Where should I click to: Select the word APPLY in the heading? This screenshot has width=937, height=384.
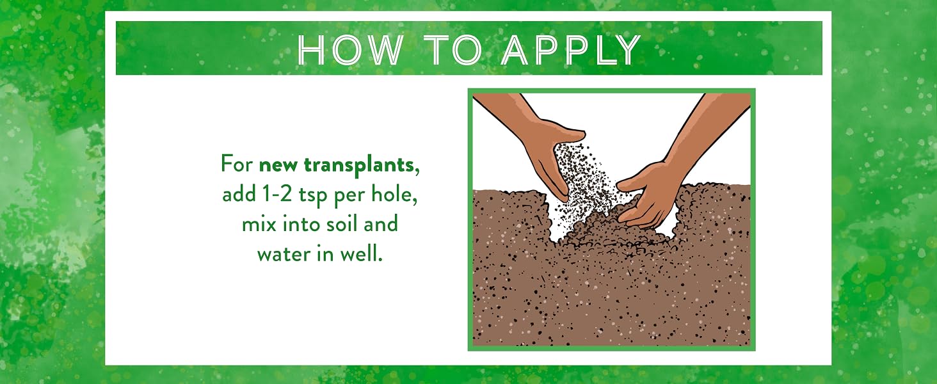(572, 49)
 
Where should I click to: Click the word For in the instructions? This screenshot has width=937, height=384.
(236, 164)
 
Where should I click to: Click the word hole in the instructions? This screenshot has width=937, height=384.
(398, 195)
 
